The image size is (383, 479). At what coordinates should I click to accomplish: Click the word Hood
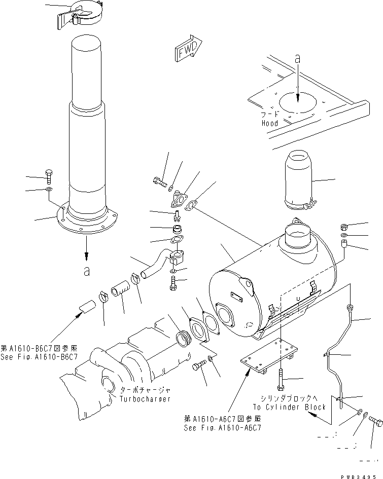pyautogui.click(x=270, y=123)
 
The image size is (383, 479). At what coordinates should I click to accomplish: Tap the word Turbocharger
pyautogui.click(x=145, y=399)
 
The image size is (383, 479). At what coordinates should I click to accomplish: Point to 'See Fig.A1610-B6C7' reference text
pyautogui.click(x=39, y=357)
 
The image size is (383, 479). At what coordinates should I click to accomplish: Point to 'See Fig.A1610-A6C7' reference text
pyautogui.click(x=223, y=427)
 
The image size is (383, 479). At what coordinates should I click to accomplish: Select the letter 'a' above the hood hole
pyautogui.click(x=298, y=59)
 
